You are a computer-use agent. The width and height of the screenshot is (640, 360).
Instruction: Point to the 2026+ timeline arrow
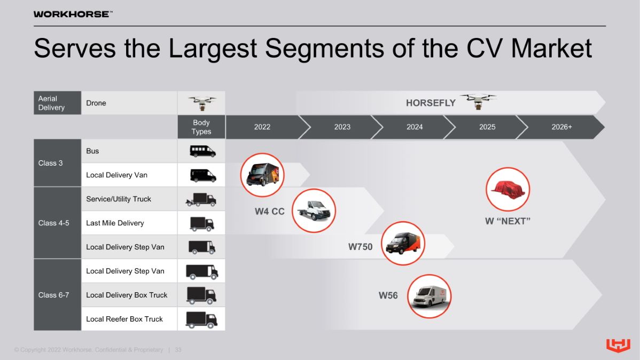click(561, 127)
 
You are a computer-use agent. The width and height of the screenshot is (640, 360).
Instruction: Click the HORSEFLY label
click(431, 103)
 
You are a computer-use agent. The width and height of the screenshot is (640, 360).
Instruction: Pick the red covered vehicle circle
click(508, 190)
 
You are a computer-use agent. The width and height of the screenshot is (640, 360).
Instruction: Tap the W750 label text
click(360, 247)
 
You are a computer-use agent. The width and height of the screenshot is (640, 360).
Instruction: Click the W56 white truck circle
click(429, 296)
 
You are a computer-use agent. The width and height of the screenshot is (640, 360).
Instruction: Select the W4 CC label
click(269, 212)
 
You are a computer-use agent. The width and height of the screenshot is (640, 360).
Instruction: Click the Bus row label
click(92, 151)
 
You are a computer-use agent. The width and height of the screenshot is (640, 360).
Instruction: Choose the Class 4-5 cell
click(58, 223)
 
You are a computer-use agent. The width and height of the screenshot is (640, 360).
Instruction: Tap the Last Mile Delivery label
click(115, 223)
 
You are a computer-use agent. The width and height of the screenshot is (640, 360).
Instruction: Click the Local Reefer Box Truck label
click(124, 319)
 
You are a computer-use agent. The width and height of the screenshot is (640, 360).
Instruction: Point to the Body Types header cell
click(201, 127)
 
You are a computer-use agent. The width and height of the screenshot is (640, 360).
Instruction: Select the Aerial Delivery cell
click(58, 103)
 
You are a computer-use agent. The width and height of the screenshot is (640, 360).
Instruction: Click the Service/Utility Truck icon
click(201, 200)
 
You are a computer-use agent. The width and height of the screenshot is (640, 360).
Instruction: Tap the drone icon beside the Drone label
click(202, 103)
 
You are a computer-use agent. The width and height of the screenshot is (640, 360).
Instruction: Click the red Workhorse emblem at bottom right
click(618, 345)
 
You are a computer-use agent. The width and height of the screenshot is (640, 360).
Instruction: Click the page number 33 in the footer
click(178, 350)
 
